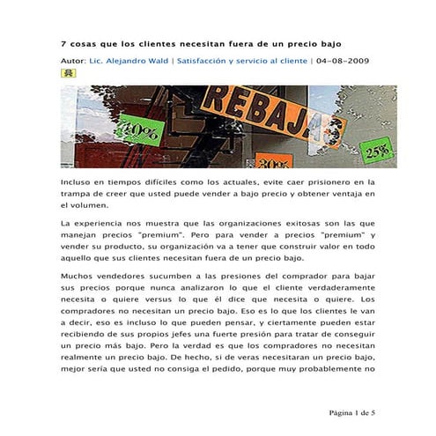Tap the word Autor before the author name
coord(73,61)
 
